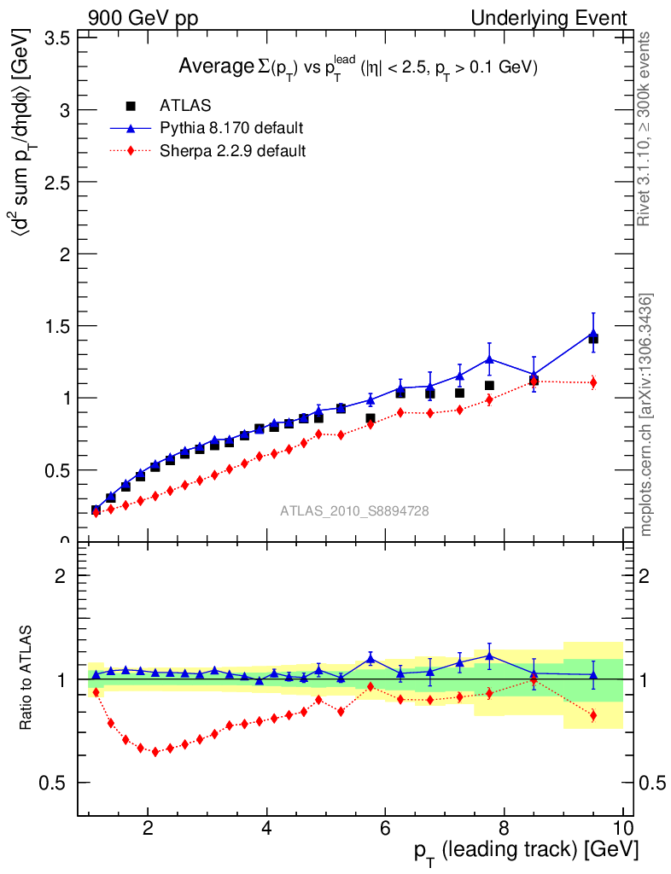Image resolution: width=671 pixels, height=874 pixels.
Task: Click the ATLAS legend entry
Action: [x=185, y=106]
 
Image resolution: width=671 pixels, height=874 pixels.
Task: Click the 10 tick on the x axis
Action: [x=622, y=827]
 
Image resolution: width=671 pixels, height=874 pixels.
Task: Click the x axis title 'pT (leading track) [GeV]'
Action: [x=526, y=851]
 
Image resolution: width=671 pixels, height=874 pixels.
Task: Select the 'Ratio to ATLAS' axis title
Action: [x=26, y=679]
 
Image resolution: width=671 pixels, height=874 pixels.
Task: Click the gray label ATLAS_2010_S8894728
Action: [x=354, y=511]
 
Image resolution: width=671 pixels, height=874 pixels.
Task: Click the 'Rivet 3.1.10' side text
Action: [x=646, y=128]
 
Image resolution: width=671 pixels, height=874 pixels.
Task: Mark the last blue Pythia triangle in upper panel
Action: [x=593, y=334]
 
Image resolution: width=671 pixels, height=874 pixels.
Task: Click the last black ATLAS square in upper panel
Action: [x=593, y=339]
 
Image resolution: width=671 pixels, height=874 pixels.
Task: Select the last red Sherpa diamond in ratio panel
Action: [x=593, y=715]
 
